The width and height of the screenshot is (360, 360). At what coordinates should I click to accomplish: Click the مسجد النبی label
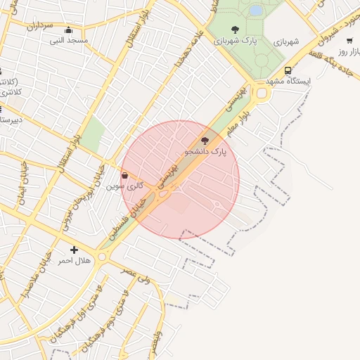(x=68, y=40)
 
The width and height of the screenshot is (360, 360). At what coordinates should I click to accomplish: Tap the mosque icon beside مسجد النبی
(x=68, y=30)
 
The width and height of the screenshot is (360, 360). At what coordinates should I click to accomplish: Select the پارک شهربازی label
(x=236, y=40)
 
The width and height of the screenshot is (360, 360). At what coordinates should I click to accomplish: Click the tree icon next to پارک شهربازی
(x=235, y=30)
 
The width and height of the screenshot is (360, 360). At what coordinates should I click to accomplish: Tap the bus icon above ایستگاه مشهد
(x=288, y=70)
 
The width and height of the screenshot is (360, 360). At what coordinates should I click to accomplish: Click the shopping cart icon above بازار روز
(x=349, y=41)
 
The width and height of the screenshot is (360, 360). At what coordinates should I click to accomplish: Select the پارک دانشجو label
(x=206, y=151)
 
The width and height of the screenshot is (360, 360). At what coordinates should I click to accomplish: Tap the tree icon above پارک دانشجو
(x=205, y=141)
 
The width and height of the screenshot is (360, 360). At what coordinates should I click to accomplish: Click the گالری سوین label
(x=125, y=186)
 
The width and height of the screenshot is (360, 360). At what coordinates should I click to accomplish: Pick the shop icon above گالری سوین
(x=125, y=176)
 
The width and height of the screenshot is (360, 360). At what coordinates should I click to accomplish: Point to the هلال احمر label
(x=74, y=261)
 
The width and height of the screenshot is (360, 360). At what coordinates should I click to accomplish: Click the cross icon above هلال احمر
(x=74, y=250)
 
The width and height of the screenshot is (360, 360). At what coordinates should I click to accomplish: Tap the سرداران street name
(x=40, y=25)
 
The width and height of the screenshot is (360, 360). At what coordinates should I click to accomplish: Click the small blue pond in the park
(x=256, y=11)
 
